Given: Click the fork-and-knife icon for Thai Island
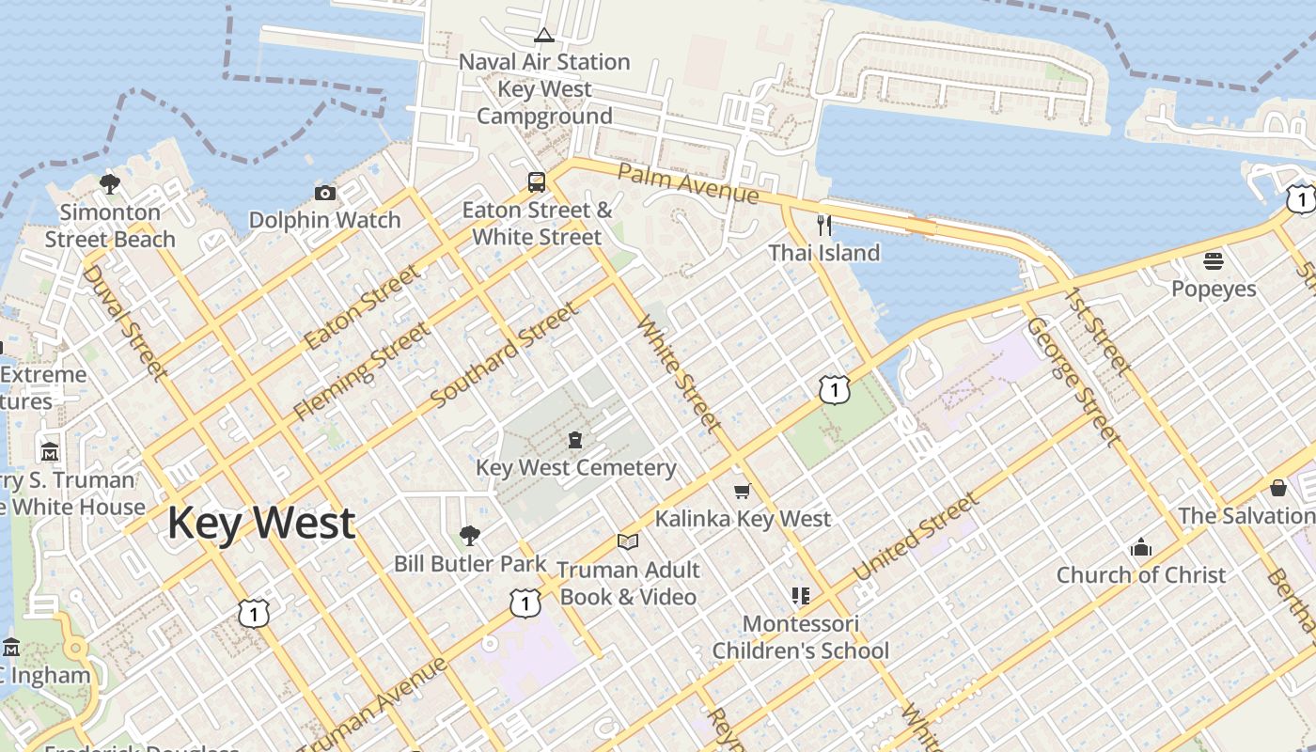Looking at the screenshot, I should coord(824,225).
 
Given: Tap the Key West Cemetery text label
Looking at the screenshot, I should coord(575,467).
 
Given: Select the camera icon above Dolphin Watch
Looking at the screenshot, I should coord(325,193).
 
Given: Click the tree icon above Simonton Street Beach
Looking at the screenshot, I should coord(110,183).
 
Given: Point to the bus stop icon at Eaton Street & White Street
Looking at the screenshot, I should coord(537,181).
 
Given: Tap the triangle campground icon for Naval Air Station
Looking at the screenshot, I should coord(543,36).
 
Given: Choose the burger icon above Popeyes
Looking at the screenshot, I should coord(1214,260).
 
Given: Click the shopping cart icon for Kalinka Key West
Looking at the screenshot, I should coord(743,491).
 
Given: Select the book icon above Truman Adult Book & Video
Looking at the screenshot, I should coord(628,541).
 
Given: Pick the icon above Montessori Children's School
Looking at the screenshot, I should coord(800,595).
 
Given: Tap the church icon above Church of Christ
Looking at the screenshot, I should coord(1141,547).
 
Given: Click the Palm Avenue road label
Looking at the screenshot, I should coord(688,183).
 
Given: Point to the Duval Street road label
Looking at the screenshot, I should coord(124,322).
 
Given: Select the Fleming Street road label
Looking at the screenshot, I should coord(362,371).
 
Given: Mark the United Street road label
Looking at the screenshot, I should coord(915,537).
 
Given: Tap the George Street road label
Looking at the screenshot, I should coord(1073,381).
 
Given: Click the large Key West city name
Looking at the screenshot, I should coord(261,523).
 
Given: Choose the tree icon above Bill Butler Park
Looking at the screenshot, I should coord(470,536).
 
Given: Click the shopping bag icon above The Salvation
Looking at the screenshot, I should coord(1278,488).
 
